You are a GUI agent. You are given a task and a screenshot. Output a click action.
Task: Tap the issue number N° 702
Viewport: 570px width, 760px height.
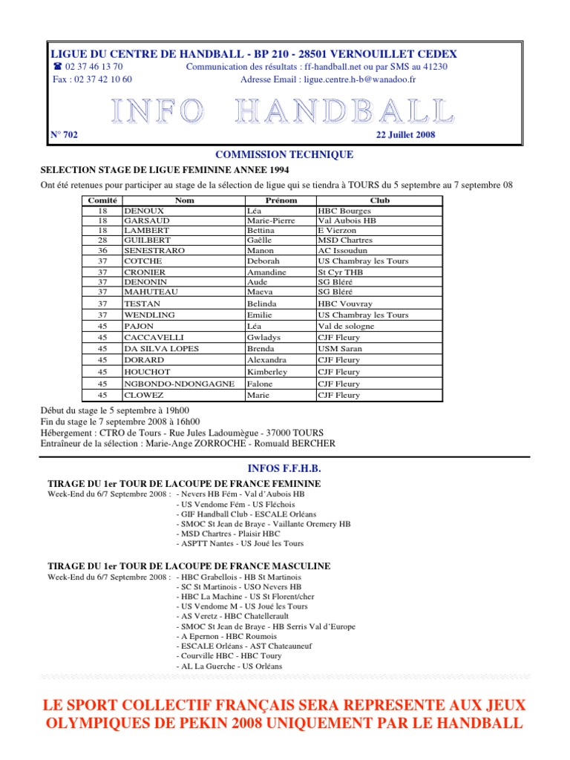[x=64, y=134]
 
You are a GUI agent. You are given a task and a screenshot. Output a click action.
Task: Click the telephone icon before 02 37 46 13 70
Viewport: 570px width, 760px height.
[x=58, y=67]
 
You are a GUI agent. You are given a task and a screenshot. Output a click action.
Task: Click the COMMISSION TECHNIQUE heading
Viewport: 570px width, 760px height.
[x=284, y=154]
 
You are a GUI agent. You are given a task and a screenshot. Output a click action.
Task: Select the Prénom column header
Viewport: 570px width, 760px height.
[x=281, y=200]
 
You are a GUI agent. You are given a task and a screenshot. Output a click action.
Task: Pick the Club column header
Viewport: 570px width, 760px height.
[x=379, y=200]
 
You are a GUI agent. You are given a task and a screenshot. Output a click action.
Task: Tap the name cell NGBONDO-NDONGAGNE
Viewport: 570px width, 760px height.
[x=179, y=384]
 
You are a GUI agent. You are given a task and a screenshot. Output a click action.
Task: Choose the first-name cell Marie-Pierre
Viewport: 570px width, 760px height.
[x=271, y=220]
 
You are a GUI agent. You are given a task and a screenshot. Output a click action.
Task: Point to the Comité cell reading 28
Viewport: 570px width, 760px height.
[x=102, y=240]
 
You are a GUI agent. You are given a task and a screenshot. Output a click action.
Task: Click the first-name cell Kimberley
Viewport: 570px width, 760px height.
[x=267, y=372]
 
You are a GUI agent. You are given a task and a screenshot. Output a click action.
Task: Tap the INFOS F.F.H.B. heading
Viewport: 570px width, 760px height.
[x=284, y=469]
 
